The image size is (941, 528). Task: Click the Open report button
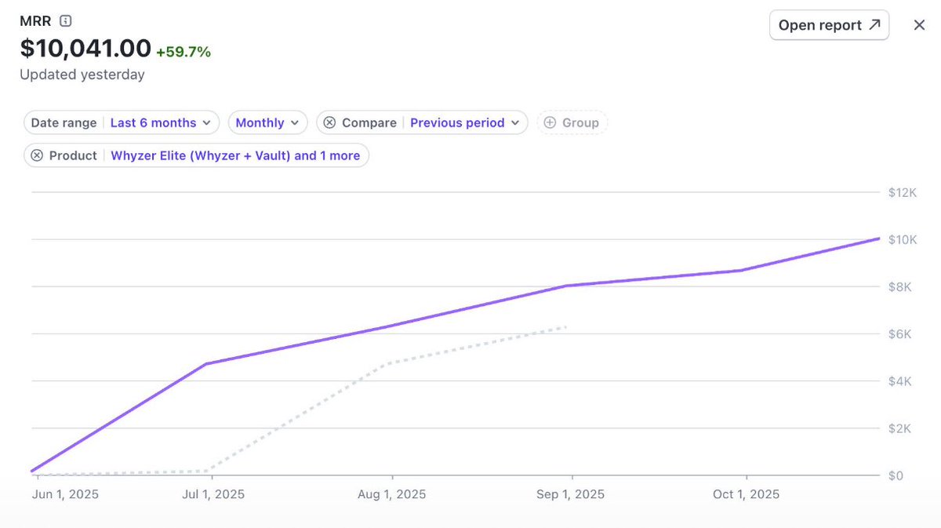(829, 25)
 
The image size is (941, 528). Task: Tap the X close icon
(919, 25)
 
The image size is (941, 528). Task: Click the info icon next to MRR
(66, 21)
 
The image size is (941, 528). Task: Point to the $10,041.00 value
(85, 49)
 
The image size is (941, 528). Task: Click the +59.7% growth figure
(183, 52)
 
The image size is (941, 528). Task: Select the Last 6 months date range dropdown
(161, 122)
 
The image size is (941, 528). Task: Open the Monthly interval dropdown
(267, 122)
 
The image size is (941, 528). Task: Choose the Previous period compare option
(464, 122)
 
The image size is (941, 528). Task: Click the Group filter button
(572, 122)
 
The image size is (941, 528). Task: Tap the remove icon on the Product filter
(37, 155)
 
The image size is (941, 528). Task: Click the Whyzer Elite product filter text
(234, 155)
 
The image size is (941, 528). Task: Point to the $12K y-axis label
(902, 192)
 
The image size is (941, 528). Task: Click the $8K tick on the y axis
(902, 286)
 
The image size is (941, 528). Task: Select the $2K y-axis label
(902, 428)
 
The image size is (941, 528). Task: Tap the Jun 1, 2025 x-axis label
(65, 494)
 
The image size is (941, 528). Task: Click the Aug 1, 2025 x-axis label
(392, 494)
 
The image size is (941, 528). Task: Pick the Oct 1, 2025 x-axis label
(746, 494)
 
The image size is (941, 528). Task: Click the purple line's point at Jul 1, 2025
(205, 364)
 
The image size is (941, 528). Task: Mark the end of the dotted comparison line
(566, 326)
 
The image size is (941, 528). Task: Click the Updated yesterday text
(82, 75)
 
